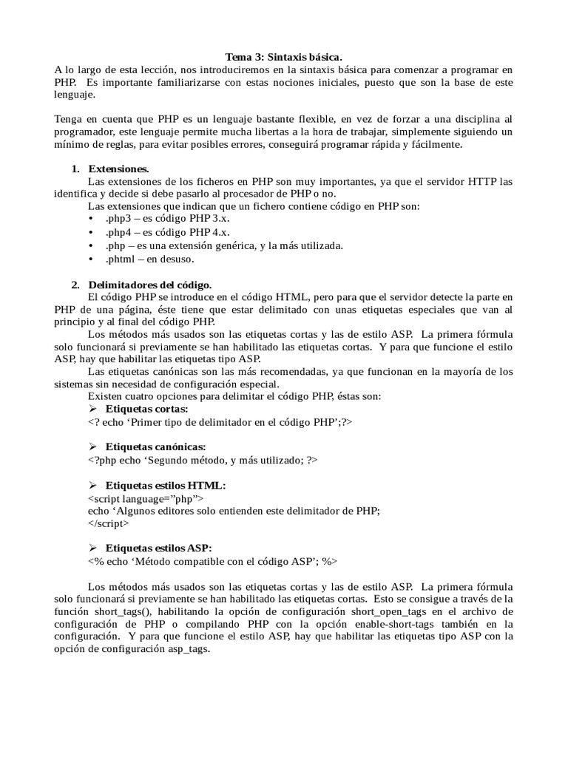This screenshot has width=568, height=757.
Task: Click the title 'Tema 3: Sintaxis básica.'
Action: pyautogui.click(x=284, y=57)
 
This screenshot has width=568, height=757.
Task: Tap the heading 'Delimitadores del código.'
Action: pyautogui.click(x=150, y=285)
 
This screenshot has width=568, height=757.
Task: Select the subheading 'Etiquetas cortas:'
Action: pyautogui.click(x=146, y=409)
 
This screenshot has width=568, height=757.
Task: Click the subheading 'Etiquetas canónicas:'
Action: pyautogui.click(x=156, y=447)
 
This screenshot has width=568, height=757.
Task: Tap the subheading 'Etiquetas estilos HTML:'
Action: pyautogui.click(x=166, y=485)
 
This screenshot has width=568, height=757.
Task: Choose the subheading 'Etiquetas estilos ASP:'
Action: pyautogui.click(x=159, y=548)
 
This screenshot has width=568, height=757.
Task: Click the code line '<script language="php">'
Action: pyautogui.click(x=146, y=498)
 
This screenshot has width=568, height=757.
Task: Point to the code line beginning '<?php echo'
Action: pyautogui.click(x=203, y=460)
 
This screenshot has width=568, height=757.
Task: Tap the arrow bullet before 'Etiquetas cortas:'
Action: pyautogui.click(x=93, y=409)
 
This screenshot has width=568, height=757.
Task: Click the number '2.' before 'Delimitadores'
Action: pyautogui.click(x=75, y=285)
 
